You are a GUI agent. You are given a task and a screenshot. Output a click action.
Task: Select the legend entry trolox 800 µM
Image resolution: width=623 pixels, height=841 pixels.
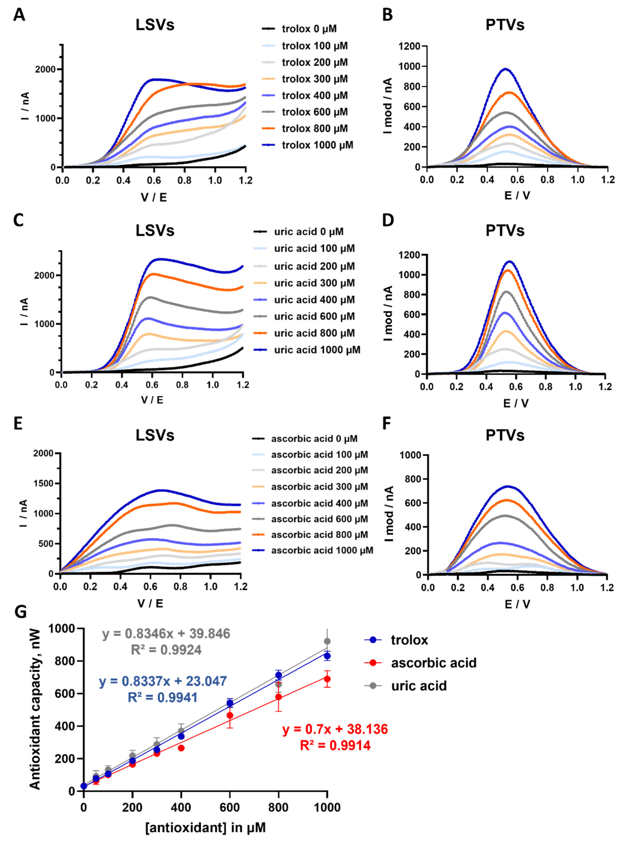(315, 129)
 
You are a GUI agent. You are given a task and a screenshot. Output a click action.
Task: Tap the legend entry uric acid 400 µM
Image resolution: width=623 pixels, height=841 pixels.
(314, 300)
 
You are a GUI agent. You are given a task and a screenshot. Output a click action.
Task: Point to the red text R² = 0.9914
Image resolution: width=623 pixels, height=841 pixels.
(335, 746)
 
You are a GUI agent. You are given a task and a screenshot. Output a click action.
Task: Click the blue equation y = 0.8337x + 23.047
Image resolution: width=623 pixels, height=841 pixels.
(163, 681)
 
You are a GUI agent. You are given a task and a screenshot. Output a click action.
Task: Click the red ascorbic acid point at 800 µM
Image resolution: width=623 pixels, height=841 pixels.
(278, 697)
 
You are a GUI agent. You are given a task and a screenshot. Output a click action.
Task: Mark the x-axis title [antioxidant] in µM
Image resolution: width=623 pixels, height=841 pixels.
(206, 827)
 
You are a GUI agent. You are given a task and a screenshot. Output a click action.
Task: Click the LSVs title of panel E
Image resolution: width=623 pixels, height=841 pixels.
(155, 435)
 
